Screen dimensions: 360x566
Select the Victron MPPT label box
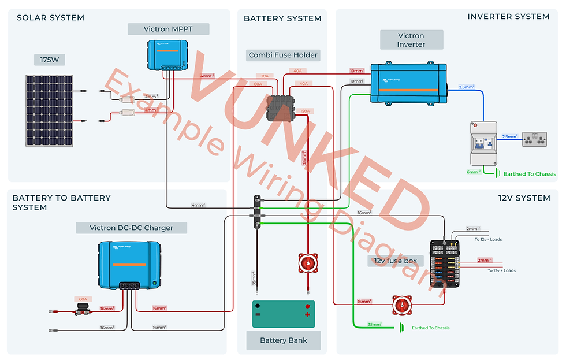coord(167,29)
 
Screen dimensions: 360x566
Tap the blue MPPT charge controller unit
coord(167,55)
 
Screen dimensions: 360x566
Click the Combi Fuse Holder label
coord(283,55)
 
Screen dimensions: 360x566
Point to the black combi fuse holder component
coord(280,107)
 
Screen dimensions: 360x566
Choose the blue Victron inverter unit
coord(408,83)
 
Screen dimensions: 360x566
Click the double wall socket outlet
coord(534,139)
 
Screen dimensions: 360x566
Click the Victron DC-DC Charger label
coord(131,228)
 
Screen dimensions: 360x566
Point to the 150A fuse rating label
coord(304,111)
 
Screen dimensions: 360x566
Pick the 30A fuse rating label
coord(265,76)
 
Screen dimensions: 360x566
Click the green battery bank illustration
coord(283,314)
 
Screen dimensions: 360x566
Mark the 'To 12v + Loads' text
coord(501,270)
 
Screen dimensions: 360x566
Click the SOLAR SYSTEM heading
coord(50,18)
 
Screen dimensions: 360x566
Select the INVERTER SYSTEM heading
coord(508,17)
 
